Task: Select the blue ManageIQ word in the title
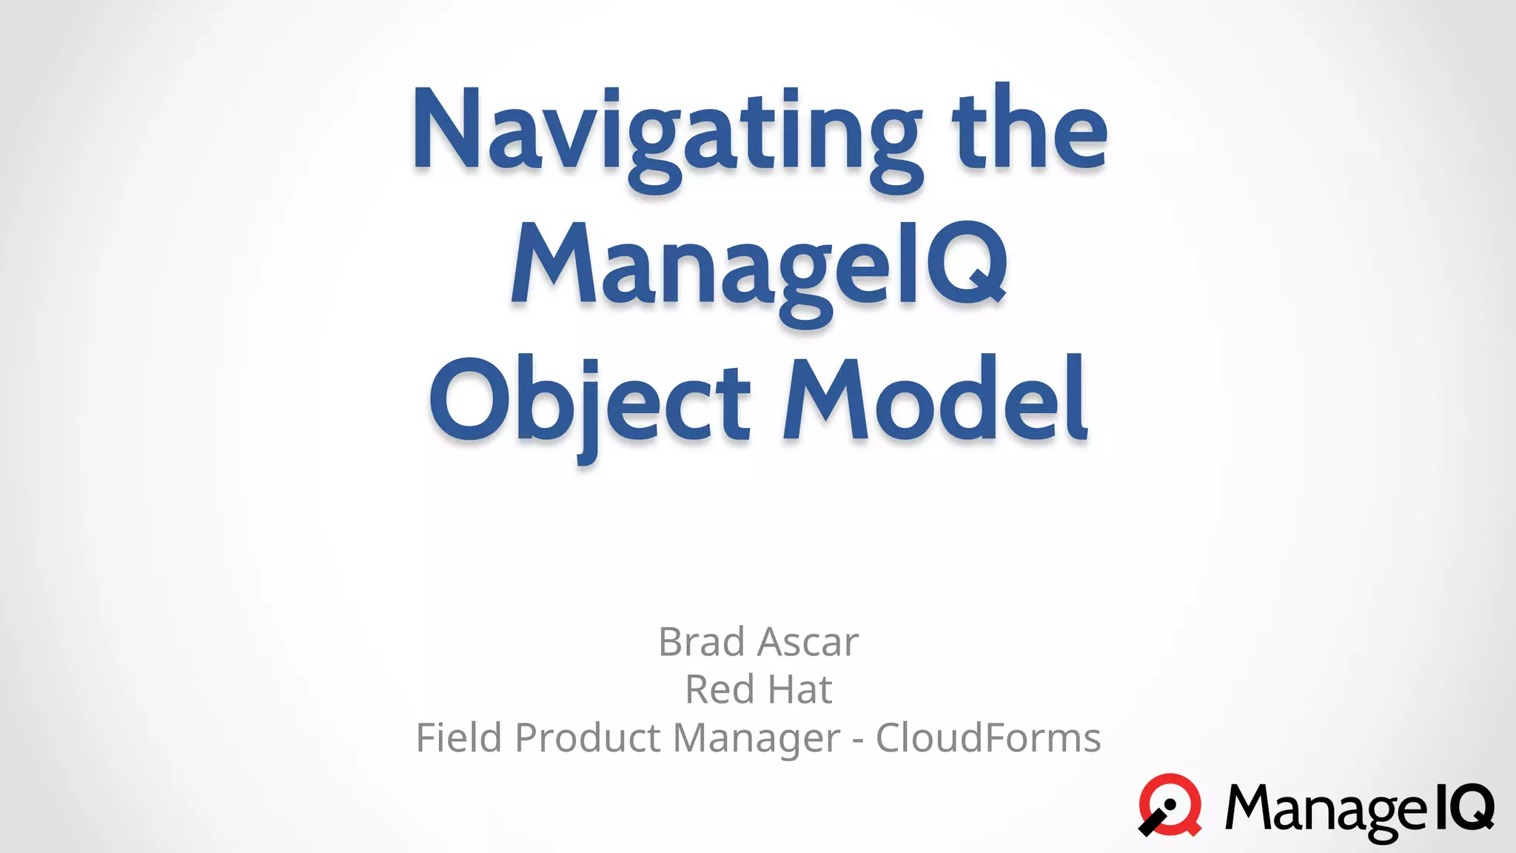[759, 267]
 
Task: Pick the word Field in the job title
[459, 738]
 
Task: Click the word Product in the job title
[588, 738]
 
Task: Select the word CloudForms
[988, 738]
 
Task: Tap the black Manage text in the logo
[1325, 809]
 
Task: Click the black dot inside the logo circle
[1170, 805]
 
